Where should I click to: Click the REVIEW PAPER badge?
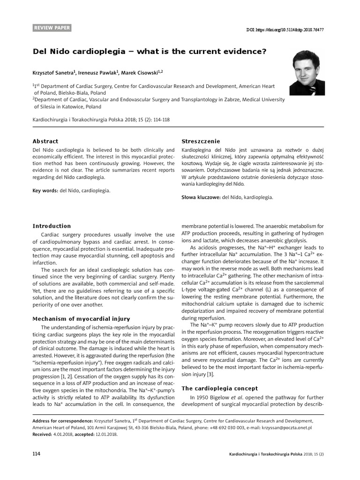(x=52, y=28)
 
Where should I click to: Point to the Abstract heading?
(x=45, y=141)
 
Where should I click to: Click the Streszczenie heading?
(x=201, y=142)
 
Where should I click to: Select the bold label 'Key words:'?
(x=45, y=191)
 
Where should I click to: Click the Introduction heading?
(x=52, y=226)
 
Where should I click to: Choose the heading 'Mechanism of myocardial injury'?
(x=81, y=319)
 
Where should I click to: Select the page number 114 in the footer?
(x=36, y=454)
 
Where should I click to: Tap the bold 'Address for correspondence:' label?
(x=62, y=421)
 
